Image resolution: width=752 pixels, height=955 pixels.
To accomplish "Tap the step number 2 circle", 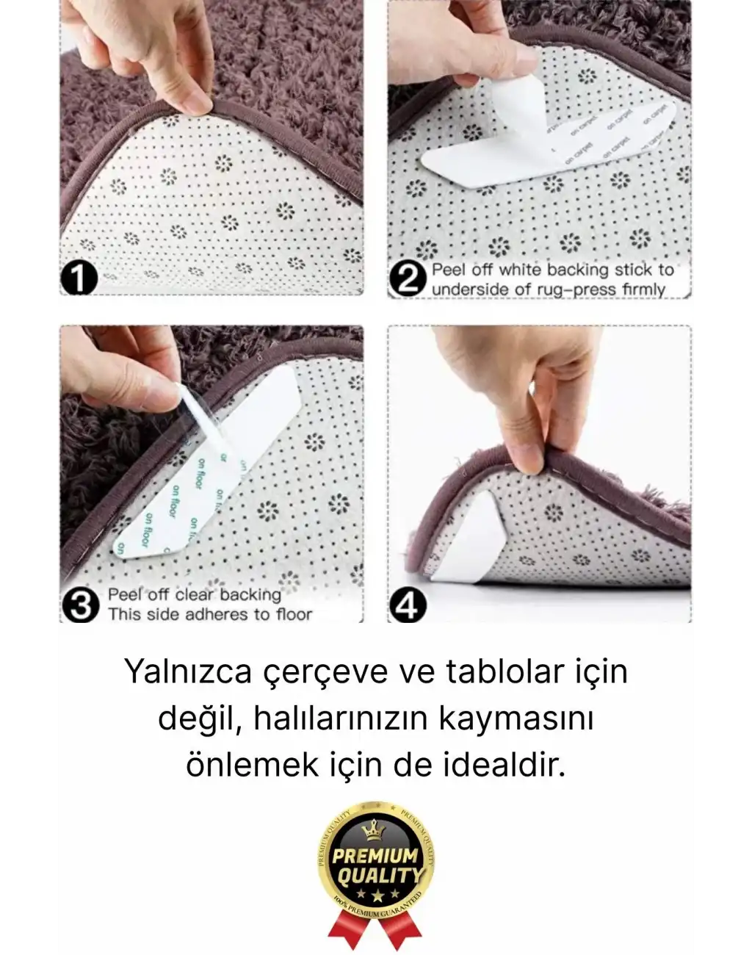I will click(x=406, y=280).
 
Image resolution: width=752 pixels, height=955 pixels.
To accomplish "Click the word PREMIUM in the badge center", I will click(x=375, y=857).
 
